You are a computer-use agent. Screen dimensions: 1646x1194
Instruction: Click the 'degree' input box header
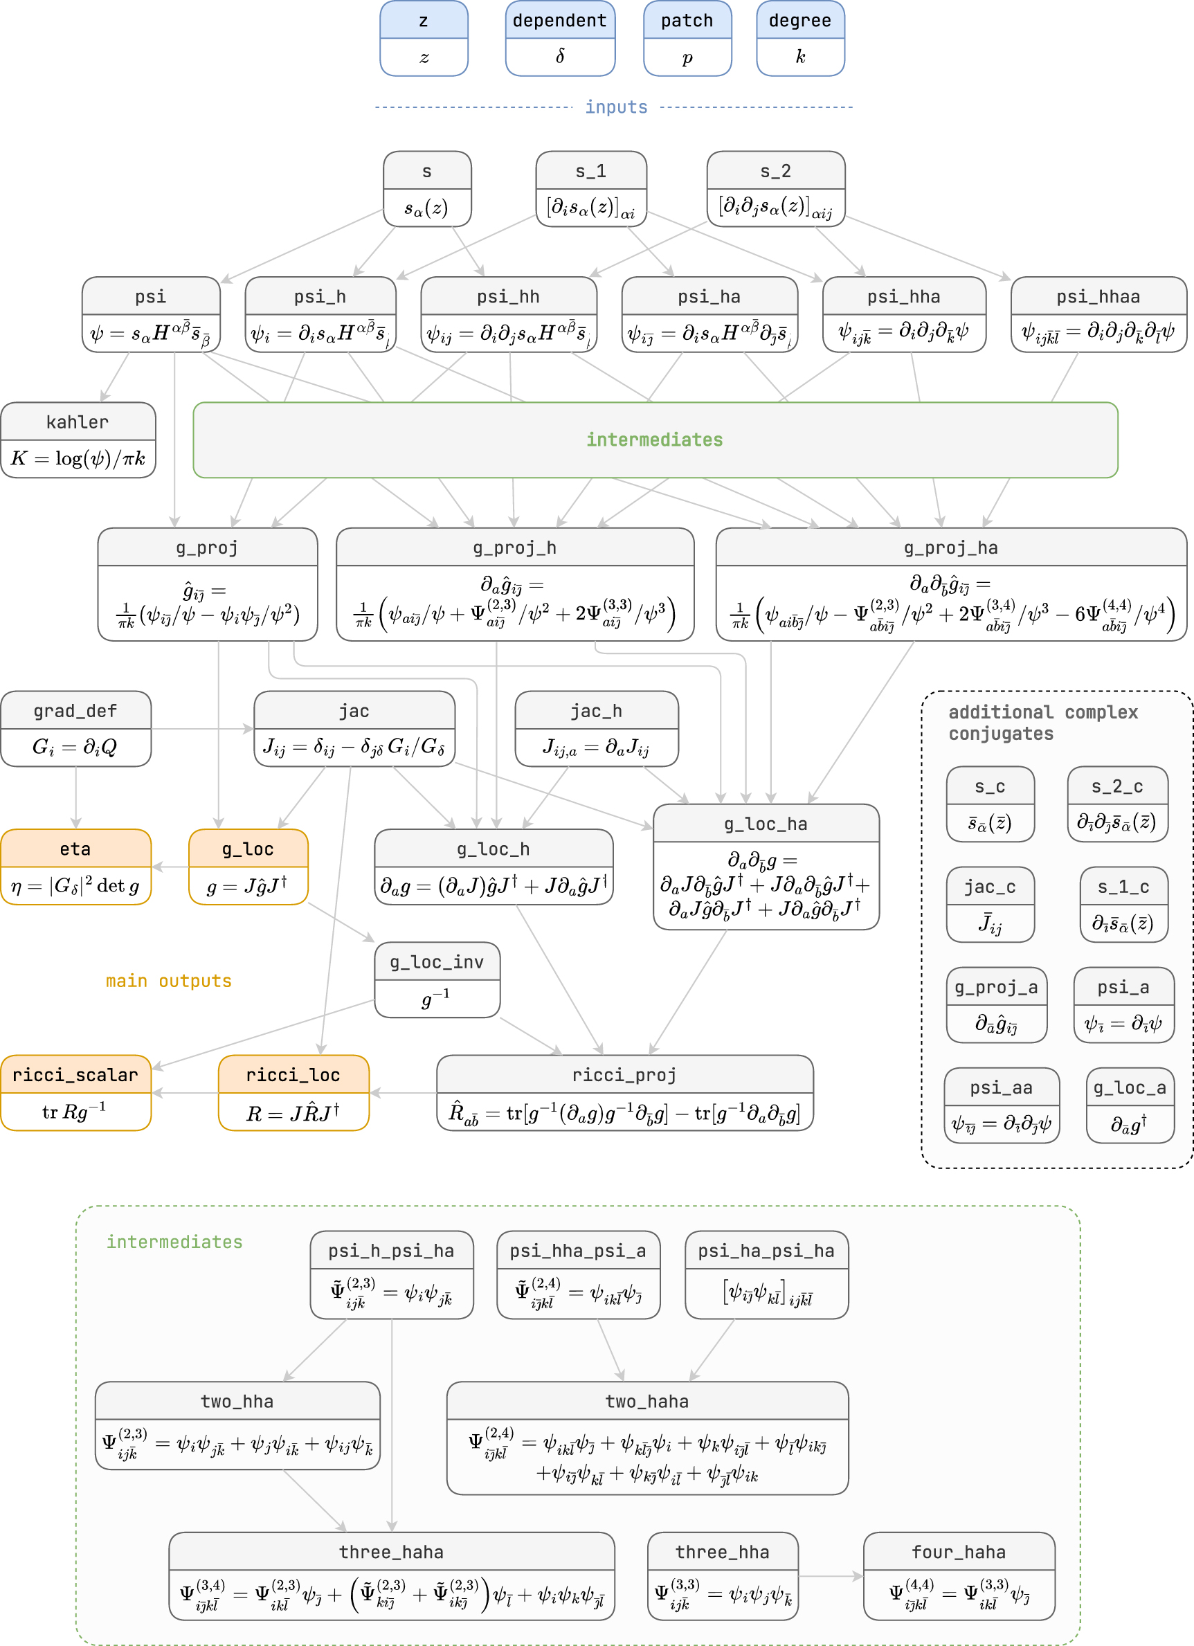(800, 20)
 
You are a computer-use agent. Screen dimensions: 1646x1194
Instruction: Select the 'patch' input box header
(687, 20)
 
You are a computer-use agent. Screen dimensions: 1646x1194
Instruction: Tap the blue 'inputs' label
(615, 107)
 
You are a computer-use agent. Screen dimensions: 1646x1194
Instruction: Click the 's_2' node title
(775, 171)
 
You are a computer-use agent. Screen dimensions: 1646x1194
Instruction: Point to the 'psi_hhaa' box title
(1098, 297)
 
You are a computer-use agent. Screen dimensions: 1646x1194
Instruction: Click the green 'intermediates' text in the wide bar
(654, 440)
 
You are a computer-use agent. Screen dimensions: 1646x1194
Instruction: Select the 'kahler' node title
(78, 422)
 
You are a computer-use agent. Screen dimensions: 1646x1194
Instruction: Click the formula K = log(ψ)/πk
(78, 459)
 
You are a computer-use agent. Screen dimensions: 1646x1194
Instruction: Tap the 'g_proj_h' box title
(514, 548)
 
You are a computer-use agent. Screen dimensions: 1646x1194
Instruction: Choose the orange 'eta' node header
(75, 849)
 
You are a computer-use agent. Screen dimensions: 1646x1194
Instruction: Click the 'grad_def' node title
(75, 712)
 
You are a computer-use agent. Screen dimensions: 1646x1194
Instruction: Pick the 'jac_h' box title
(596, 712)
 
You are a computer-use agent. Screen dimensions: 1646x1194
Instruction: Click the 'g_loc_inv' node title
(436, 962)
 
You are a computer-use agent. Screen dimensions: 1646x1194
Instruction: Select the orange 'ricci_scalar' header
(75, 1075)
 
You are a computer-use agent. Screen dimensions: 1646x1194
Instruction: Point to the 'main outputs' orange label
(168, 982)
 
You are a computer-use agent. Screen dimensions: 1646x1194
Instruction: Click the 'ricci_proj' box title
(624, 1075)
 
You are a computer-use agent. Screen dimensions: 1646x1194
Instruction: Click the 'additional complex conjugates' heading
(1042, 723)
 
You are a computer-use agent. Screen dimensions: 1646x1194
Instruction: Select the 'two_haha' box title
(646, 1402)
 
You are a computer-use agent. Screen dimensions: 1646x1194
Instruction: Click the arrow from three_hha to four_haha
(831, 1575)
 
